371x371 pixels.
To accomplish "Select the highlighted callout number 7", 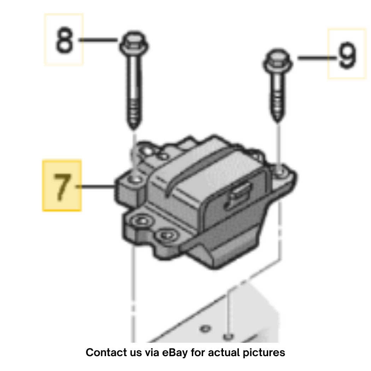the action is tap(62, 187).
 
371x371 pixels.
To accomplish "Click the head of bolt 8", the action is tap(134, 44).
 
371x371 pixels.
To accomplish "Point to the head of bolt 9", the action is tap(278, 61).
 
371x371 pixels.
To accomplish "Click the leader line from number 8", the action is tap(98, 40).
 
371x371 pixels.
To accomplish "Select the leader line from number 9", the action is tap(317, 58).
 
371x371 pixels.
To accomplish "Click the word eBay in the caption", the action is tap(175, 353).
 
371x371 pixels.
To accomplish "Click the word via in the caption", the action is tap(152, 353).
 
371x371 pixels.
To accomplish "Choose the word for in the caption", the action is tap(198, 353).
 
